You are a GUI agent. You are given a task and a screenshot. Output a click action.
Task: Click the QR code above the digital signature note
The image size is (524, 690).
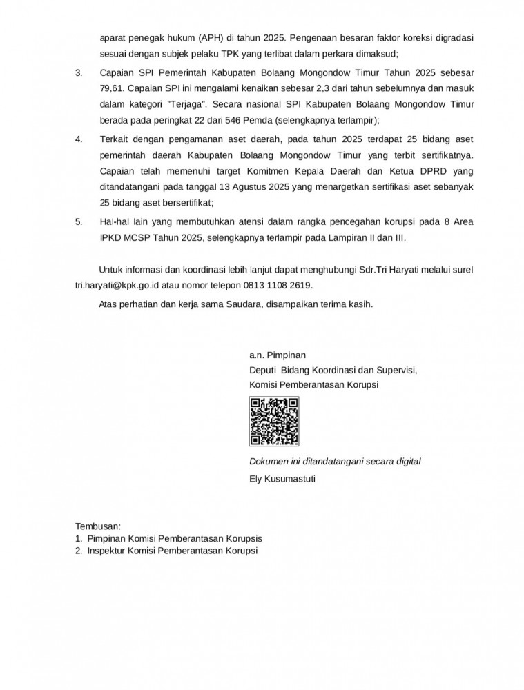coord(274,422)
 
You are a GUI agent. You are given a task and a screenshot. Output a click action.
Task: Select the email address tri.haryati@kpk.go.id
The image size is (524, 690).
coord(118,285)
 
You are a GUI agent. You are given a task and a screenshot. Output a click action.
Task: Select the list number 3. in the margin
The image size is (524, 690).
coord(79,72)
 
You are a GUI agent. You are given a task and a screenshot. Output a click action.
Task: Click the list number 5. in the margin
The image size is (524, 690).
coord(79,221)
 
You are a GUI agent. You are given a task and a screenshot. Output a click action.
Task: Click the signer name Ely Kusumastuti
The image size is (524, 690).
coord(282,477)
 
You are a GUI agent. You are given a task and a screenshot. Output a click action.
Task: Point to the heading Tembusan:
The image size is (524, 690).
coord(98,526)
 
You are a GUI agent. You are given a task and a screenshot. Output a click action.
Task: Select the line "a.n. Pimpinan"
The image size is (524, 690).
coord(277,356)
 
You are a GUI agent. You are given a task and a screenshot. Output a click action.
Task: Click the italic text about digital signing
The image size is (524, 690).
coord(335,461)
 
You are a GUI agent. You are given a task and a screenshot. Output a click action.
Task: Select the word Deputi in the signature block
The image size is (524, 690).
coord(264,370)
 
